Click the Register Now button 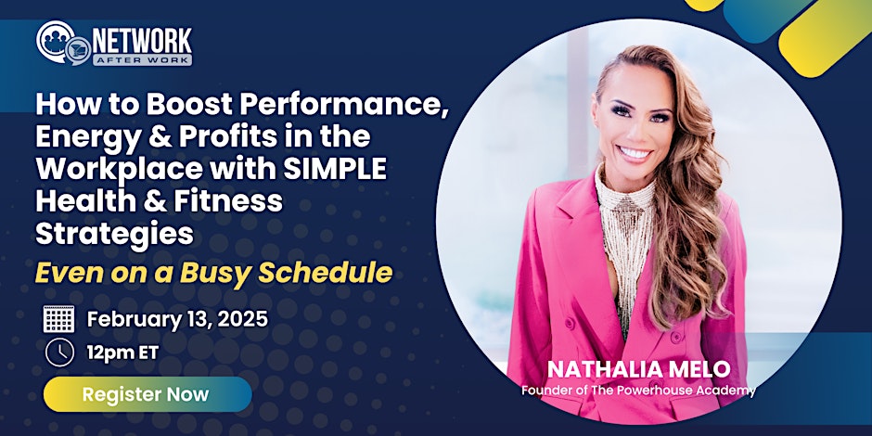(x=147, y=394)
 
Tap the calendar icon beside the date (x=59, y=319)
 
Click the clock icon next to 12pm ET (x=59, y=352)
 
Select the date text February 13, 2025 (x=177, y=320)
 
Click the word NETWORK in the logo (x=142, y=41)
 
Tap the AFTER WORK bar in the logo (x=142, y=59)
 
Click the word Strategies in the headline (x=114, y=234)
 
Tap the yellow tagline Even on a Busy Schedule (x=214, y=273)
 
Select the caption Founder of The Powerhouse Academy (x=638, y=391)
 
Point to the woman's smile (x=634, y=153)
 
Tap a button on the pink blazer (x=676, y=337)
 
